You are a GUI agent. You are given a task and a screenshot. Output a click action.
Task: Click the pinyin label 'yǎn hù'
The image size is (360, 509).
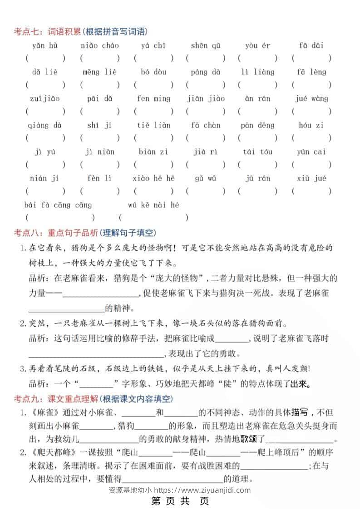[x=44, y=45]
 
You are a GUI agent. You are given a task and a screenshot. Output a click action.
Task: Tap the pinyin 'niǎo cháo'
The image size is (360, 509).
[x=100, y=45]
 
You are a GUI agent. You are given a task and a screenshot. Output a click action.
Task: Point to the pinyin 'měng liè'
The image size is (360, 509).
[x=100, y=72]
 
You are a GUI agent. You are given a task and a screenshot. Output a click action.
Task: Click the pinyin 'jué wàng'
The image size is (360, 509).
[x=311, y=98]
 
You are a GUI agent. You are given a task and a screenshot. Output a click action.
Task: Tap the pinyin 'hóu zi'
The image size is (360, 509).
[x=311, y=125]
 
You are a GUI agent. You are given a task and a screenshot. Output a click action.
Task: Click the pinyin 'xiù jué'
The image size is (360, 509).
[x=311, y=178]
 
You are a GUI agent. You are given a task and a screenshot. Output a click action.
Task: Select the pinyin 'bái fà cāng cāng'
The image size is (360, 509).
[x=58, y=205]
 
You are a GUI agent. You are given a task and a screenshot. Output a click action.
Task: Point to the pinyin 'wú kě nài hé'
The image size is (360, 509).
[x=153, y=205]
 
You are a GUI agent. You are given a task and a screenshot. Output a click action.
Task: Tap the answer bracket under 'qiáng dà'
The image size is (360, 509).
[x=45, y=138]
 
